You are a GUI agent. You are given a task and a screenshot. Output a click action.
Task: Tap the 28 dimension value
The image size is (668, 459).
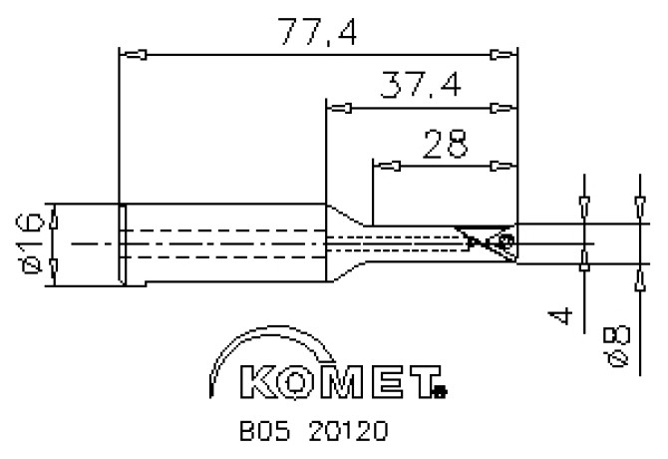[x=445, y=145]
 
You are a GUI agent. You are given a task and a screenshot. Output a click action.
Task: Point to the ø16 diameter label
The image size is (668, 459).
[x=30, y=243]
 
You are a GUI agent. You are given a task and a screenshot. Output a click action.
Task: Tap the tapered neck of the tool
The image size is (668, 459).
[x=349, y=243]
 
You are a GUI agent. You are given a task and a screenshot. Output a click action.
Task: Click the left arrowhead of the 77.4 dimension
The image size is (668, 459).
[x=130, y=51]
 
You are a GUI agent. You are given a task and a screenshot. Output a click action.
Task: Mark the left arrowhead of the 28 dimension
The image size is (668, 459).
[x=384, y=164]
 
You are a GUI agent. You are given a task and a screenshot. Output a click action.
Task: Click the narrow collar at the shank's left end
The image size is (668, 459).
[x=122, y=243]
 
